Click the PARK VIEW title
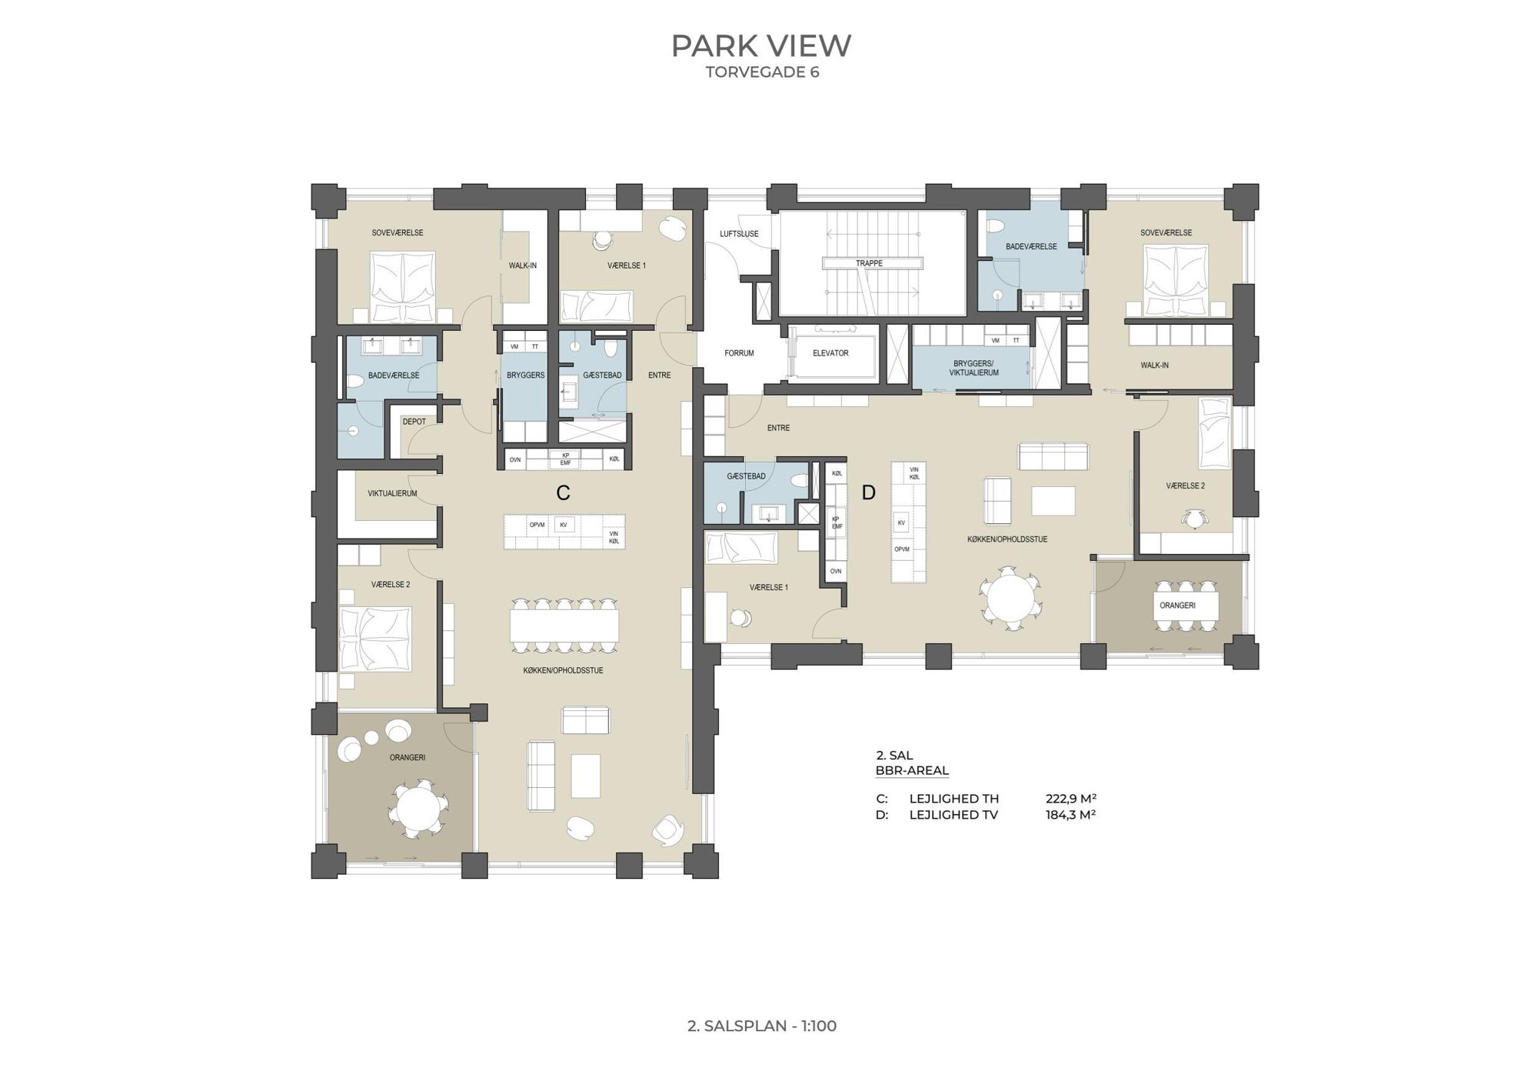tap(761, 46)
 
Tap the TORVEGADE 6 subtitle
tap(762, 72)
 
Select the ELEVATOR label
tap(830, 353)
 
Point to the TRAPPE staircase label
tap(869, 263)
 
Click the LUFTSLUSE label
tap(739, 234)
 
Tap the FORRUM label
tap(739, 353)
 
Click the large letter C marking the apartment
tap(563, 493)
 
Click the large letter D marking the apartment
tap(868, 493)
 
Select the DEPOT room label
tap(414, 422)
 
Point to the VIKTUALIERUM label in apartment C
tap(392, 493)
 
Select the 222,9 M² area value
tap(1070, 799)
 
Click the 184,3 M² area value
tap(1070, 815)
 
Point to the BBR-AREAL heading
tap(912, 771)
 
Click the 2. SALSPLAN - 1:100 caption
tap(762, 1026)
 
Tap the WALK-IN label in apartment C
tap(522, 265)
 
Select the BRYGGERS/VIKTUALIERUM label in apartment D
tap(973, 368)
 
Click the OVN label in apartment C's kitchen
tap(515, 459)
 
